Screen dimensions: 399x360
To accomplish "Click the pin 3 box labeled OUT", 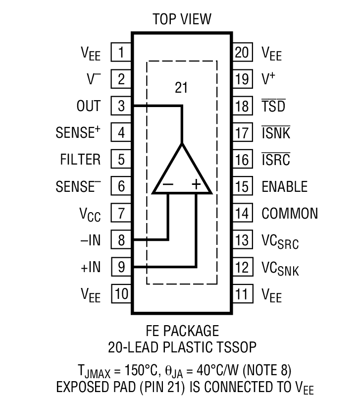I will [x=121, y=106].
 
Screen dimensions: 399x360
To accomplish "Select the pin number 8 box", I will [x=121, y=240].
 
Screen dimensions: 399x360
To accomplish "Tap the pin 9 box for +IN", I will [x=121, y=267].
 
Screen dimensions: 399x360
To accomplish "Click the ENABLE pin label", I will [x=284, y=187].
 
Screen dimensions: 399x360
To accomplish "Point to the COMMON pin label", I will [x=290, y=214].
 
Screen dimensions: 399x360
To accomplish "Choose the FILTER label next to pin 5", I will [x=80, y=160].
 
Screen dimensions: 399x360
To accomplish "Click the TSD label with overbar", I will [x=273, y=106].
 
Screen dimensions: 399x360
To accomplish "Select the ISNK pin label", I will [x=276, y=133].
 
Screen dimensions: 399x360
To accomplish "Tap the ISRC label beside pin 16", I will [x=276, y=160].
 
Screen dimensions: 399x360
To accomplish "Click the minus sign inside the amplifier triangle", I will [x=168, y=184].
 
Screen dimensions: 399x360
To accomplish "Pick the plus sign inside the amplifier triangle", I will [x=196, y=184].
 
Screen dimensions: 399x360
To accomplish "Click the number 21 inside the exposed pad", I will [x=182, y=88].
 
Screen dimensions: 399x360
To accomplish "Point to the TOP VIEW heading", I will [x=182, y=19].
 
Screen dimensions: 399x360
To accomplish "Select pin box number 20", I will [x=242, y=53].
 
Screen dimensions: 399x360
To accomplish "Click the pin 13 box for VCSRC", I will [x=242, y=240].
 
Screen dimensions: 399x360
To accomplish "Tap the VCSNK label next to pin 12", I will [x=280, y=268].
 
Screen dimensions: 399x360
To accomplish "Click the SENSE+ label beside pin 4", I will [x=78, y=133].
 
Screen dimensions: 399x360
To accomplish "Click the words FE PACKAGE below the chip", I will [x=182, y=331].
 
